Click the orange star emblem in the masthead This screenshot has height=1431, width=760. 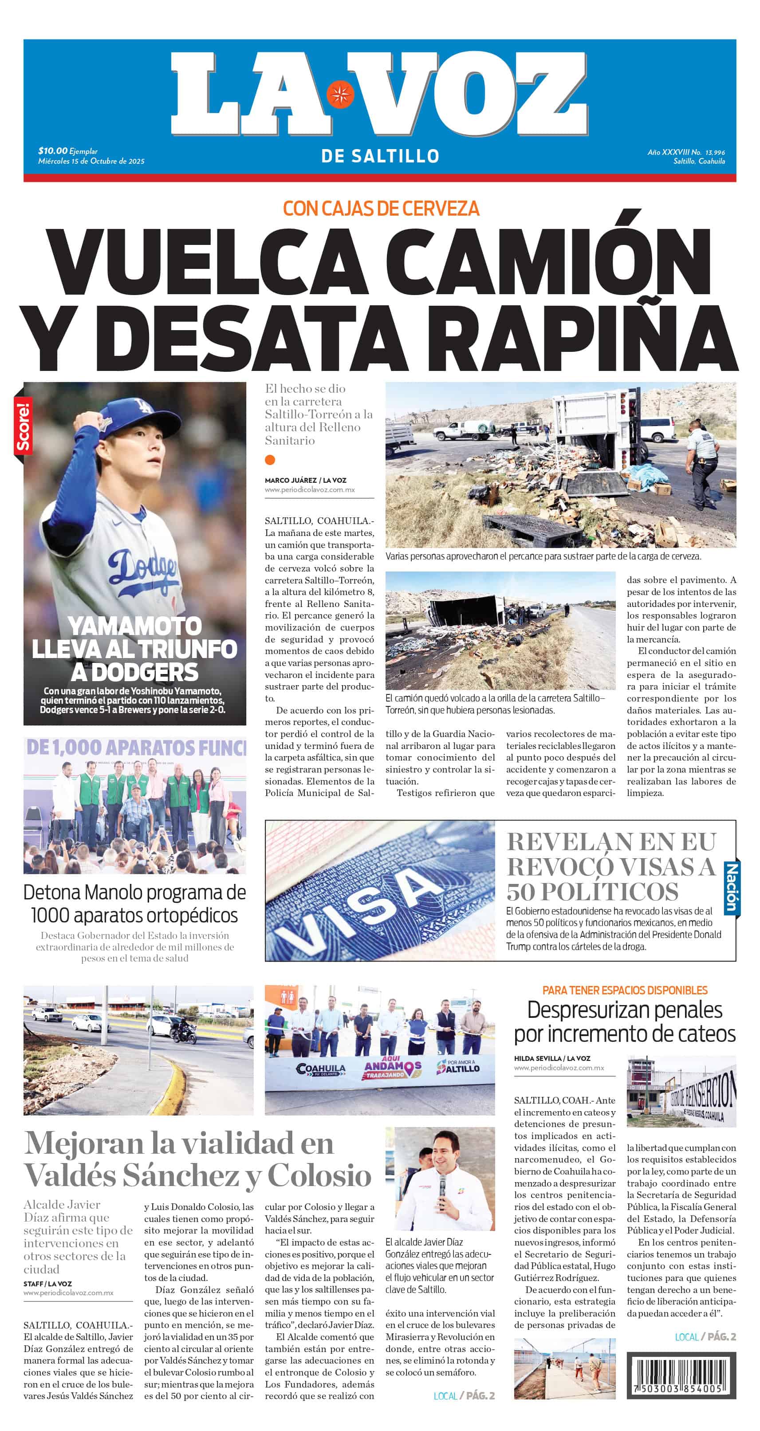[339, 95]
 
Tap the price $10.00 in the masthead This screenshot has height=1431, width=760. [53, 150]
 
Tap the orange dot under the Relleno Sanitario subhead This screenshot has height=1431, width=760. [270, 459]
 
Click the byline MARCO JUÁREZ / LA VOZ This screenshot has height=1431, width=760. [305, 480]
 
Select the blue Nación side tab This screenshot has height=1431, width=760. [731, 888]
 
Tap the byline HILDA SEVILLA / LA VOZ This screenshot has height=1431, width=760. [551, 1058]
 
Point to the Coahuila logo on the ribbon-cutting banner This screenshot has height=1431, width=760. [321, 1069]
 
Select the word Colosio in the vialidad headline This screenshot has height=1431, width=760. [319, 1176]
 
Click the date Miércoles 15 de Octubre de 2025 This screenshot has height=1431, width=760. [91, 161]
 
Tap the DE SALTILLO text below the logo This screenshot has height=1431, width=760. [380, 156]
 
